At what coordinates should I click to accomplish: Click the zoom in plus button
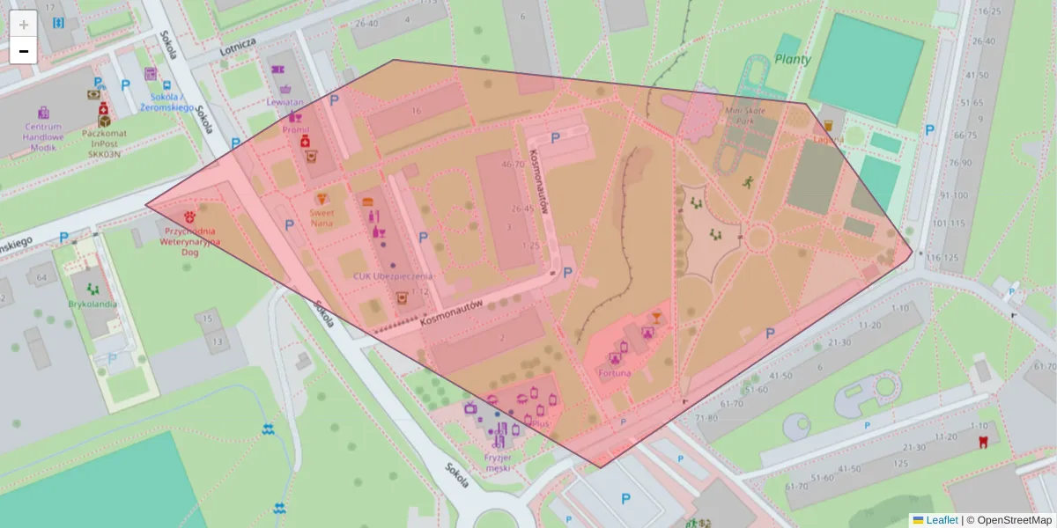[24, 24]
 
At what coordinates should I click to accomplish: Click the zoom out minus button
[24, 51]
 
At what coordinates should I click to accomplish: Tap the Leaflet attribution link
[941, 520]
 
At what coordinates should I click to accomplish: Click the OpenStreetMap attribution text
[1009, 520]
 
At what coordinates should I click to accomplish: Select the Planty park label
[792, 59]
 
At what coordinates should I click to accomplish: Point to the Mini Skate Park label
[745, 115]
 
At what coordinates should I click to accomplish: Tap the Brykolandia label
[92, 304]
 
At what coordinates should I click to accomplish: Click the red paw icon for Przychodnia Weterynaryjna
[190, 215]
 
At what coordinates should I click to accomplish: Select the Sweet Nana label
[322, 217]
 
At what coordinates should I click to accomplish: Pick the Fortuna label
[614, 373]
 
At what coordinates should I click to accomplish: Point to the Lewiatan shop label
[285, 102]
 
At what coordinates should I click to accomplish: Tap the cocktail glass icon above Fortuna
[655, 317]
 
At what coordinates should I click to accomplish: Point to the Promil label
[295, 129]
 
